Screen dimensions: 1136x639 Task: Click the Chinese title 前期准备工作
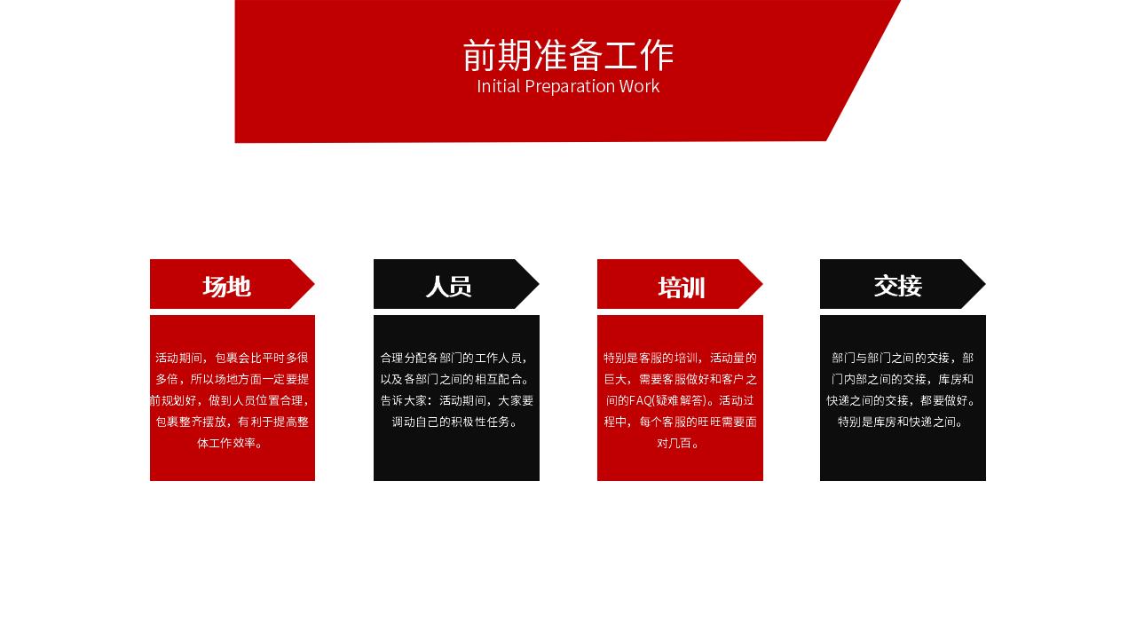point(568,55)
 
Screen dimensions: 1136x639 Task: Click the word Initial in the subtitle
point(499,86)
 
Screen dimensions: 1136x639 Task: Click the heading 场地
point(226,286)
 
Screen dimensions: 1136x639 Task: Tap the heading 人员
point(449,286)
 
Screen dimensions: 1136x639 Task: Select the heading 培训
point(681,288)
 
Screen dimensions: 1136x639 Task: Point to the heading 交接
point(897,286)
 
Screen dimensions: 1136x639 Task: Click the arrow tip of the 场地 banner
point(314,284)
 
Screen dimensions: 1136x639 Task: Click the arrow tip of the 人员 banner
point(539,284)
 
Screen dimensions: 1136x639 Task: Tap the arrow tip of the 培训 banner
point(762,284)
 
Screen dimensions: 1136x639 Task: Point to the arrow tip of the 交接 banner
point(985,284)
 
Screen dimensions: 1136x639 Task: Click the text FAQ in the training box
point(640,400)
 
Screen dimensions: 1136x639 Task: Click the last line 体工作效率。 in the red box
point(230,443)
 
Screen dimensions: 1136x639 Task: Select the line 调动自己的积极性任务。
point(455,422)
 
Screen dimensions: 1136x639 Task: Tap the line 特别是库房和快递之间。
point(901,422)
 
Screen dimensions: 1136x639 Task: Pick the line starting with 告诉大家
point(457,400)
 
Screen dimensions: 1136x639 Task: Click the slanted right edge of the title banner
point(864,71)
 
